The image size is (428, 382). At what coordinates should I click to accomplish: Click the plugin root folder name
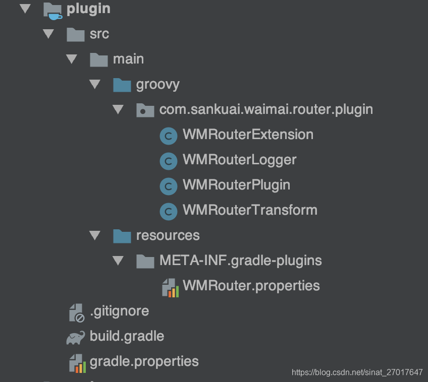(x=88, y=9)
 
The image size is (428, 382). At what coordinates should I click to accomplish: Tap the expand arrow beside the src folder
(x=48, y=34)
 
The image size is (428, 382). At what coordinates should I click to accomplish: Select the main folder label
(x=128, y=59)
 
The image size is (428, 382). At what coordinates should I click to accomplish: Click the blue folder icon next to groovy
(x=122, y=84)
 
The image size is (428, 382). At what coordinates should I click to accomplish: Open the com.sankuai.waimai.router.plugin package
(x=266, y=109)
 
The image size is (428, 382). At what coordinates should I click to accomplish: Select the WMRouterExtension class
(x=248, y=135)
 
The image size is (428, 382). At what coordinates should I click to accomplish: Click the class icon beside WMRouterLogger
(x=168, y=160)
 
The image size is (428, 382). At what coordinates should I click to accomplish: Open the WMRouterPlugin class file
(x=236, y=185)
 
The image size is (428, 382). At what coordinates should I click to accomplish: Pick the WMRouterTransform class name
(x=250, y=210)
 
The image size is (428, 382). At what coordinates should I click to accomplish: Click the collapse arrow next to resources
(x=94, y=235)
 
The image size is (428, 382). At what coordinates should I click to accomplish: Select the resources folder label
(x=168, y=235)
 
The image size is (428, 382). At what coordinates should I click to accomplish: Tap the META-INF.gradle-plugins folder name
(x=240, y=261)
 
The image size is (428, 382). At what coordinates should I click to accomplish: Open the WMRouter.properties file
(x=251, y=286)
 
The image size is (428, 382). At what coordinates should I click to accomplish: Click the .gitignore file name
(x=119, y=311)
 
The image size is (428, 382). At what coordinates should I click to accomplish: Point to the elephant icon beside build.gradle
(x=76, y=337)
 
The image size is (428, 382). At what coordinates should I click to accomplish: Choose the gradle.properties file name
(x=144, y=361)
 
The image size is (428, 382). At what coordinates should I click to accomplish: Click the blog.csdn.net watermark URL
(x=357, y=372)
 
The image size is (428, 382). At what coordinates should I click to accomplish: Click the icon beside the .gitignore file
(x=76, y=312)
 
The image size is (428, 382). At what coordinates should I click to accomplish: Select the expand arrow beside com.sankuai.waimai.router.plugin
(x=118, y=109)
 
